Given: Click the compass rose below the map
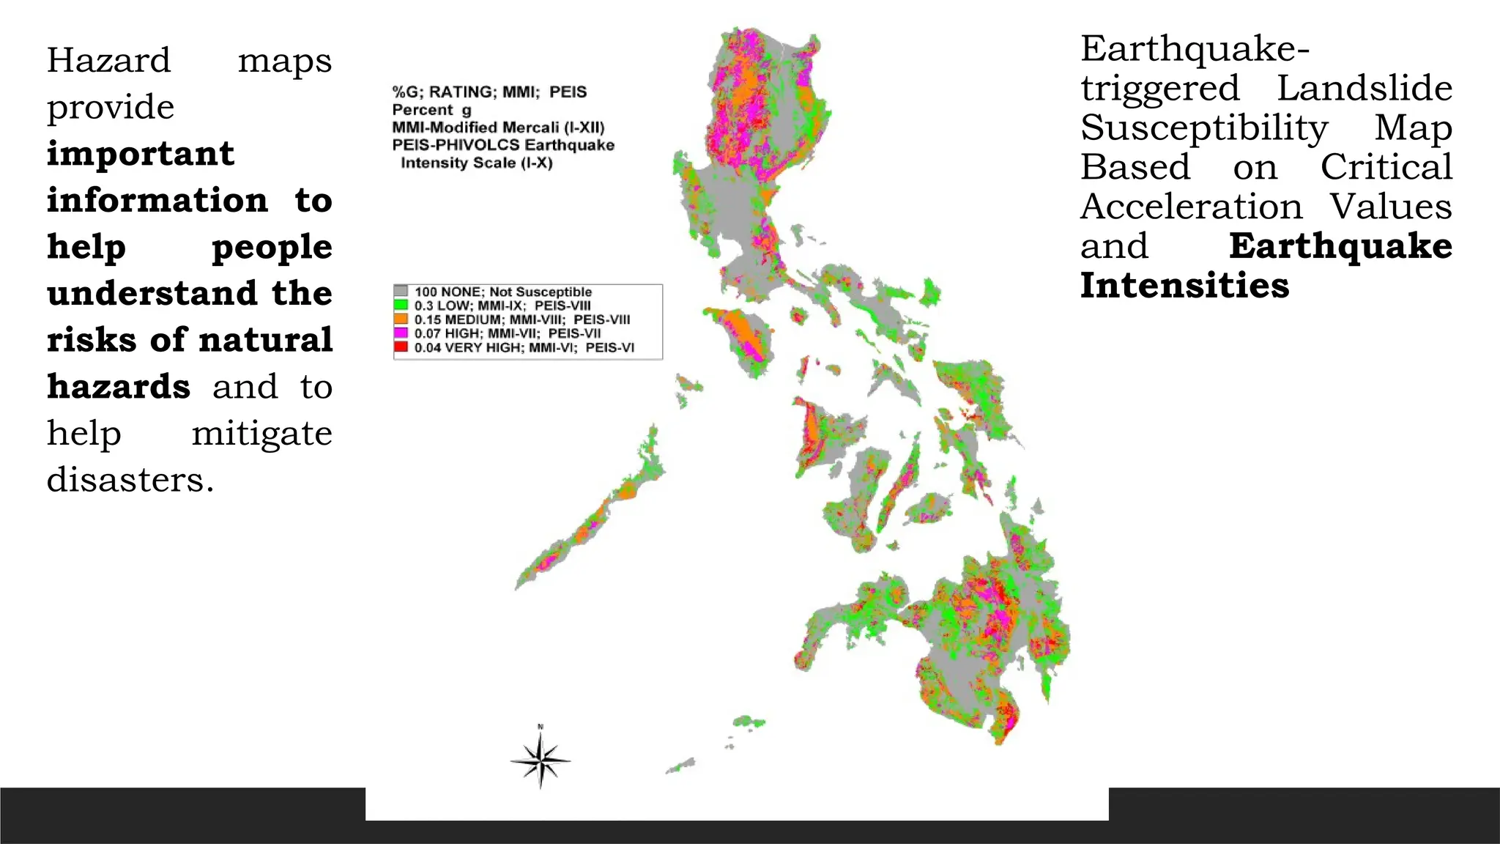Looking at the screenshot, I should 541,760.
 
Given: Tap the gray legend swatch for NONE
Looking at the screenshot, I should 401,292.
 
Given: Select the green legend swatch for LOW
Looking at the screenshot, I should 401,306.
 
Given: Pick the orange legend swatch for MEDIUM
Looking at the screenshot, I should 401,319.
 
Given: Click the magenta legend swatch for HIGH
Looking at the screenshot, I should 401,333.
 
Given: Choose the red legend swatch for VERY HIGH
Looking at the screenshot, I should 401,347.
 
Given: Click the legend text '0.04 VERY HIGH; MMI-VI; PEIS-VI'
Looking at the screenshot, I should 524,347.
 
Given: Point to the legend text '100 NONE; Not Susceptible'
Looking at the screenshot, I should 502,292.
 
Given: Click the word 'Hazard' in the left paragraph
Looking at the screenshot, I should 108,60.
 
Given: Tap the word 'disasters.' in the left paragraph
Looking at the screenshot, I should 130,480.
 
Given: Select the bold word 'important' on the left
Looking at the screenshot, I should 141,154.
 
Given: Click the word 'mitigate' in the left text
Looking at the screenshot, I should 261,433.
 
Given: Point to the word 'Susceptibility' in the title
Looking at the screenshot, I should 1204,128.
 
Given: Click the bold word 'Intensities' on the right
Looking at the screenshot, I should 1184,285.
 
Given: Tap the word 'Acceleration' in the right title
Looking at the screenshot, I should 1192,207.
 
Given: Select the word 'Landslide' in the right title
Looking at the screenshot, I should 1365,89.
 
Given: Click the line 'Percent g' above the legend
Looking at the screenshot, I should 431,110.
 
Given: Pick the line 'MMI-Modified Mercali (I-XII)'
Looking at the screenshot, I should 498,127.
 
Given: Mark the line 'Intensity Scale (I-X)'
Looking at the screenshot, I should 476,163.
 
